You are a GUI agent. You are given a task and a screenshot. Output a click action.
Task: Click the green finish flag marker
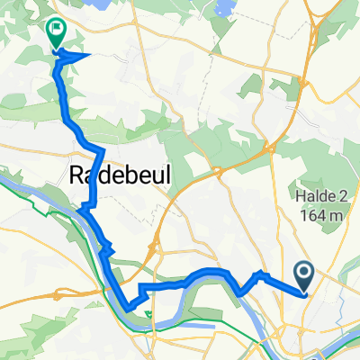point(57,33)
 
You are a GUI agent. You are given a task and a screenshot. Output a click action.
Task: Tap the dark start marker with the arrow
point(303,274)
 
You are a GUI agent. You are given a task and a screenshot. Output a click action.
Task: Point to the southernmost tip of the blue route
point(132,309)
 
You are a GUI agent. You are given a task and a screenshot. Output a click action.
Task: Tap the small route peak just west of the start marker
point(260,271)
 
